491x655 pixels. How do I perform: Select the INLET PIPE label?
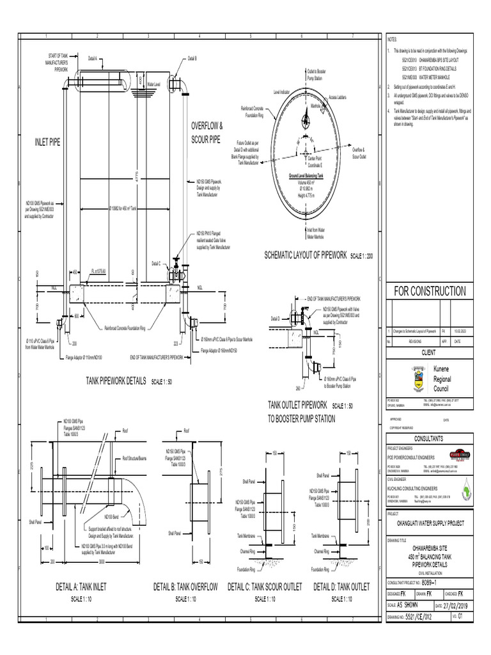coord(47,141)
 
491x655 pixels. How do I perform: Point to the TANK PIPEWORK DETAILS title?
coord(116,381)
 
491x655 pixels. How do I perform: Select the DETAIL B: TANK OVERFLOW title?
coord(186,587)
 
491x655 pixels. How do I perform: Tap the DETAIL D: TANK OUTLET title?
coord(341,587)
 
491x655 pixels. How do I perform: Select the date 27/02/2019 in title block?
coord(456,604)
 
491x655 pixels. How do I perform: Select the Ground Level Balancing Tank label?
coord(306,174)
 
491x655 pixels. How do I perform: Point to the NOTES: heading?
coord(393,40)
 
